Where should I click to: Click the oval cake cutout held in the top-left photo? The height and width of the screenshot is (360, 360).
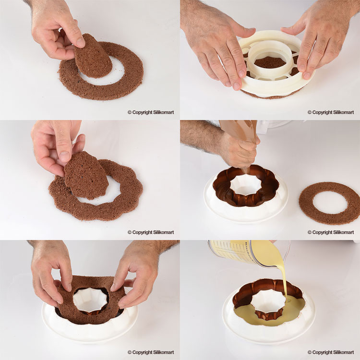(x=93, y=56)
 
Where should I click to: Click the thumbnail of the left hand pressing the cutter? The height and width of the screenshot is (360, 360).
(x=237, y=86)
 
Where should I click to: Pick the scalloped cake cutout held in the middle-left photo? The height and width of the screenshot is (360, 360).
(x=86, y=176)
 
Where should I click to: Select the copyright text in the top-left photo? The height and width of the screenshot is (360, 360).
(x=151, y=112)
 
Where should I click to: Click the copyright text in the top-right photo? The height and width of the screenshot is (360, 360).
(x=331, y=112)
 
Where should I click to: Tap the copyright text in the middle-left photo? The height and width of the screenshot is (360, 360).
(x=151, y=232)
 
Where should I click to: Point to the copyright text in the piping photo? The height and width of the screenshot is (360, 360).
(x=331, y=232)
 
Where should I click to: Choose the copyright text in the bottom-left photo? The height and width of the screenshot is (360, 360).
(x=151, y=352)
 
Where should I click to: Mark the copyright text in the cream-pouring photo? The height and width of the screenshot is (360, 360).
(x=331, y=352)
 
